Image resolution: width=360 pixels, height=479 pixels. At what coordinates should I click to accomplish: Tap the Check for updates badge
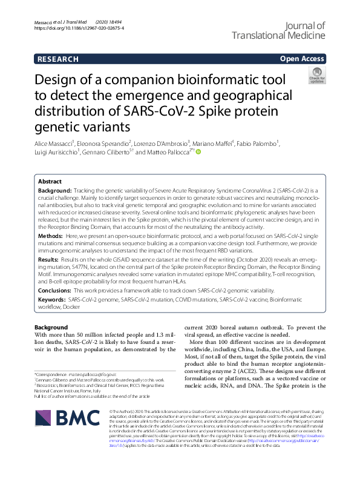[316, 75]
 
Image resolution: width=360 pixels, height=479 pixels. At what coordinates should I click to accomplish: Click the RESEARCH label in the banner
[57, 59]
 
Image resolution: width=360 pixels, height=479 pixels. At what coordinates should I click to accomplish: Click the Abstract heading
[50, 181]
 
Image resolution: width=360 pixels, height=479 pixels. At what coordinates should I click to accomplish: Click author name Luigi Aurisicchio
[57, 153]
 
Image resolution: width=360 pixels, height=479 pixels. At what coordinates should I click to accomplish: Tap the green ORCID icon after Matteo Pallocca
[197, 153]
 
